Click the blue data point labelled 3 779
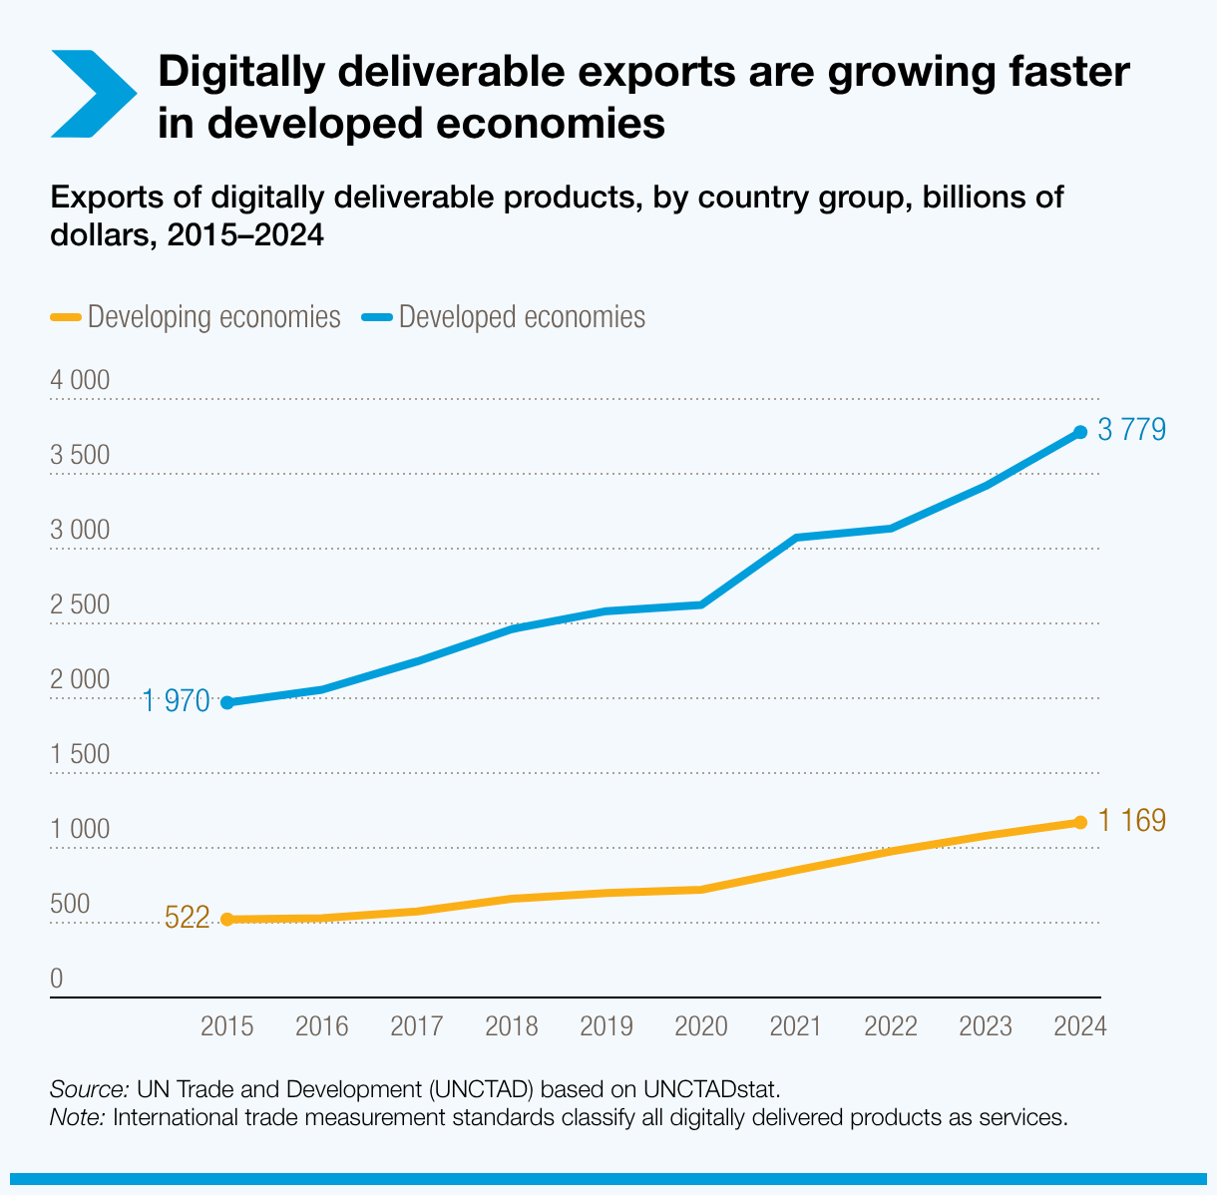coord(1079,432)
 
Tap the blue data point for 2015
coord(227,702)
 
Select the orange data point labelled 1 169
coord(1079,822)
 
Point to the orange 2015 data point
coord(227,919)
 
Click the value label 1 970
coord(176,701)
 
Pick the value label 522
coord(187,918)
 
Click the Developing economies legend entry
coord(213,317)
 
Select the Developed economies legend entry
coord(522,317)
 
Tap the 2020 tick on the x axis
coord(701,1026)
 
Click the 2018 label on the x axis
coord(512,1026)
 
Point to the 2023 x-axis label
coord(986,1026)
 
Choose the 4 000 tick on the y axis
coord(80,381)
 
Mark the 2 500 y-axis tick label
coord(80,605)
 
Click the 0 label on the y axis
coord(57,980)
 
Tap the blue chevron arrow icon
coord(92,93)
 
